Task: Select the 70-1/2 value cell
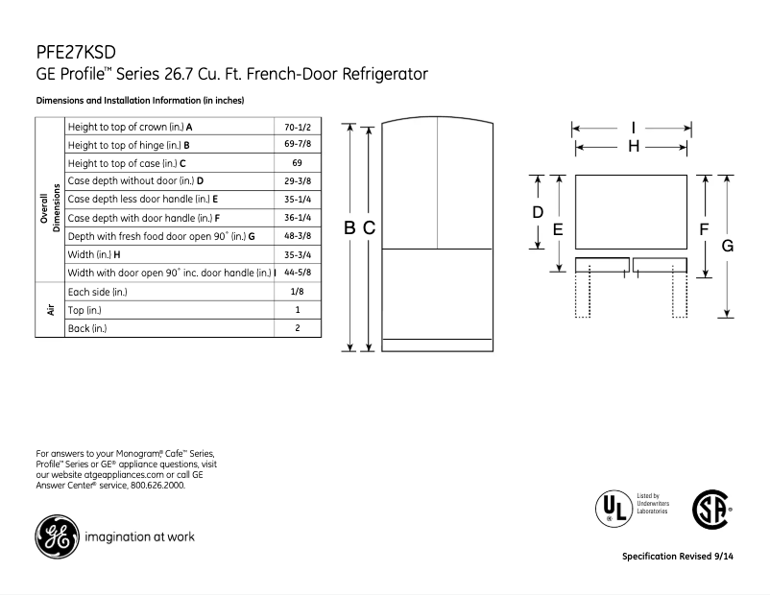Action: pos(297,127)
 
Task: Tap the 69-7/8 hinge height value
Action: pos(297,145)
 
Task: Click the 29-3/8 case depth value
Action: pos(297,181)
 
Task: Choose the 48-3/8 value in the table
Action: pos(297,236)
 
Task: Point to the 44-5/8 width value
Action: pos(297,273)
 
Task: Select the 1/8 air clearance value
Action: pos(297,291)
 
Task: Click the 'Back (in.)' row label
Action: pos(87,328)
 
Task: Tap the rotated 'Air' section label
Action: pos(48,310)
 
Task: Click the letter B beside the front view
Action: pos(350,227)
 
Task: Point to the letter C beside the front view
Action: pos(368,227)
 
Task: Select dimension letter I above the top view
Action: pos(633,127)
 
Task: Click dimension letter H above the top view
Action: pos(633,146)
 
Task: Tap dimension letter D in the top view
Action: pos(539,211)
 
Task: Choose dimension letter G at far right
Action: pos(728,246)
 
